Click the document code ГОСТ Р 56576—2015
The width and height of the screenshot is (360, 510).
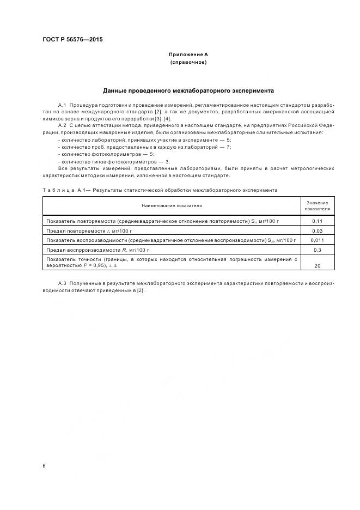pyautogui.click(x=72, y=40)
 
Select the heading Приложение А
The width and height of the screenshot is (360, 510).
pyautogui.click(x=188, y=54)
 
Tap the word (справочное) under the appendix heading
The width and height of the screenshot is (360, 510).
pyautogui.click(x=188, y=63)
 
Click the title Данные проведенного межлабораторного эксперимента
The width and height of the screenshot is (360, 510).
pyautogui.click(x=188, y=90)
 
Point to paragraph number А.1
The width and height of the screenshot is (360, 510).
pyautogui.click(x=62, y=104)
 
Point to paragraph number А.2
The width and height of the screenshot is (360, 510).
pyautogui.click(x=62, y=125)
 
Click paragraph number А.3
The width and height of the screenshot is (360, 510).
pyautogui.click(x=62, y=284)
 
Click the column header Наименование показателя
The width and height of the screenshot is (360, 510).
pyautogui.click(x=172, y=206)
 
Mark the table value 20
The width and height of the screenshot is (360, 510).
pyautogui.click(x=317, y=265)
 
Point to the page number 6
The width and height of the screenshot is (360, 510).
pyautogui.click(x=44, y=466)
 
